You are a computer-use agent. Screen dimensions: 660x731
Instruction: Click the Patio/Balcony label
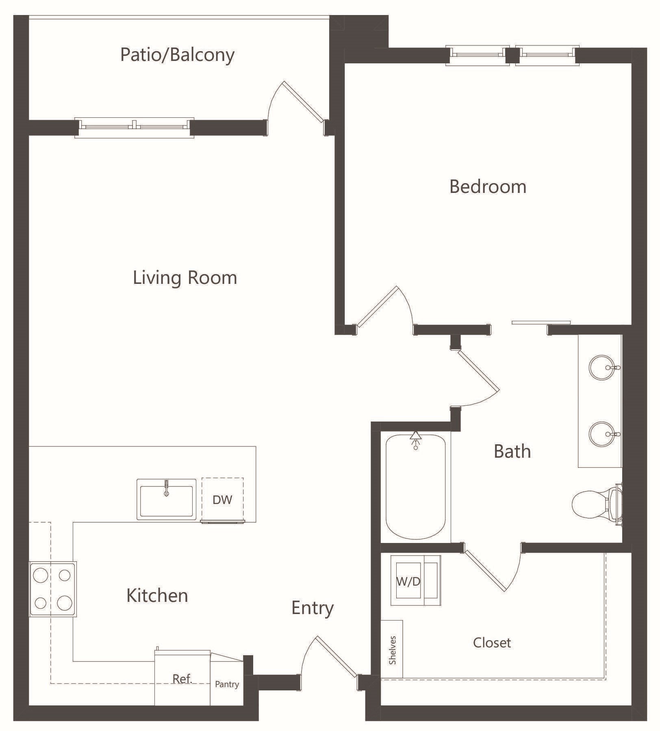click(177, 55)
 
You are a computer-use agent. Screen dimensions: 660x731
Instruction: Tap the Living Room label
click(185, 278)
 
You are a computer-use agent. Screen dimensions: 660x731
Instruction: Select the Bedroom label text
click(488, 187)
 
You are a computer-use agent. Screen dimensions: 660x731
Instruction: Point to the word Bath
click(512, 451)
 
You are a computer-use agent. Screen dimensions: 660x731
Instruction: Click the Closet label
click(492, 642)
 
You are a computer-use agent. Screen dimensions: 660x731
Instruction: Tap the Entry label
click(313, 608)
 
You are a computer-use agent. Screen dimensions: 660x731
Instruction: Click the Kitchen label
click(157, 596)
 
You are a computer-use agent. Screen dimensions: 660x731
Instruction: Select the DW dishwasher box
click(223, 499)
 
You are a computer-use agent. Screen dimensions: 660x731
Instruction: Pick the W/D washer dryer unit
click(416, 581)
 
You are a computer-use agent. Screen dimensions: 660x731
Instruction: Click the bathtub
click(415, 487)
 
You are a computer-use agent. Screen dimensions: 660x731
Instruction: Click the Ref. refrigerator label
click(182, 679)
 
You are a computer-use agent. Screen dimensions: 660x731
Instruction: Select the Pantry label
click(227, 684)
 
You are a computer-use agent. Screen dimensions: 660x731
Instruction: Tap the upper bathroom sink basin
click(602, 368)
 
